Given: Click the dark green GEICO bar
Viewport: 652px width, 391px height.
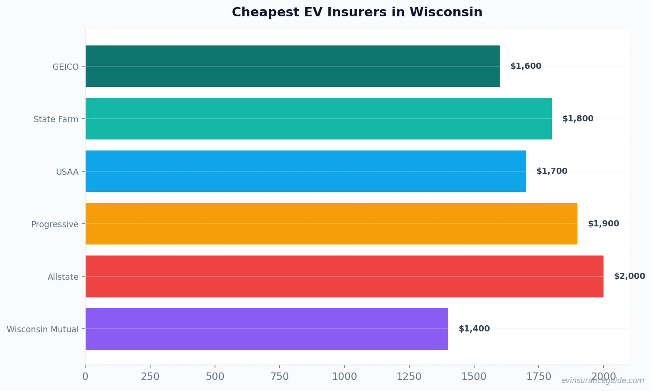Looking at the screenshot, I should point(292,66).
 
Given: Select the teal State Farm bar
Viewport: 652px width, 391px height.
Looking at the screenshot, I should point(318,119).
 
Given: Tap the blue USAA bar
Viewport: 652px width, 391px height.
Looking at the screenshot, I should point(305,171).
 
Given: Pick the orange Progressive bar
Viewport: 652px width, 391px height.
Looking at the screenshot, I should point(331,224).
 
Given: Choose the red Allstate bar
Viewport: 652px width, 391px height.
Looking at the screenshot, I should point(344,276).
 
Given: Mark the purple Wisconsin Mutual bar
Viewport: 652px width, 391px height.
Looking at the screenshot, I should point(267,329).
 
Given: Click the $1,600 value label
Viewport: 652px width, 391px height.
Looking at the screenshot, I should point(525,66).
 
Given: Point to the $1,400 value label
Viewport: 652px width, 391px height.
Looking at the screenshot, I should point(474,329).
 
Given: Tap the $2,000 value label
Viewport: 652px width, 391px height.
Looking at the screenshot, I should point(629,276).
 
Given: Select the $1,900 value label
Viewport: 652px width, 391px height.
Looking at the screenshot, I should point(603,224).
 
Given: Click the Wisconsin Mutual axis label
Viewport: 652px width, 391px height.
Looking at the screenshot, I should point(42,329).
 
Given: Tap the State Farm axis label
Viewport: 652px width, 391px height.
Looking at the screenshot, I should point(56,119).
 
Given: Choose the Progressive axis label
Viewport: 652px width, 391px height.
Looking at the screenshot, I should point(55,224).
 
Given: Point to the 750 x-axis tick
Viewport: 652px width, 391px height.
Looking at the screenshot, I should point(279,376).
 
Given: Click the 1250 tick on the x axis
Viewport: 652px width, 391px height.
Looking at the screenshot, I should point(409,376).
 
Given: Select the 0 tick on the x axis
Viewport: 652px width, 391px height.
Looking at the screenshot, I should point(85,376).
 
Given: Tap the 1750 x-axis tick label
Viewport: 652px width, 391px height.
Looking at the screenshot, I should point(539,376).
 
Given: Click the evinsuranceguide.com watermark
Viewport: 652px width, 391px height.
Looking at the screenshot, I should point(602,380).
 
